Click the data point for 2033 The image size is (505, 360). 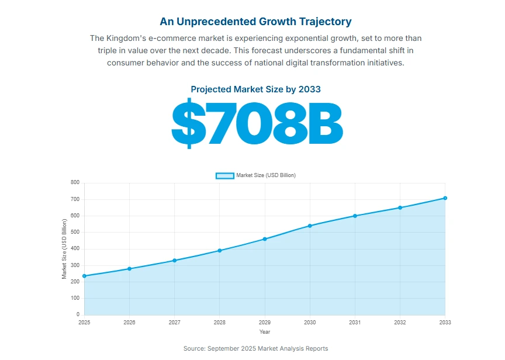(x=445, y=198)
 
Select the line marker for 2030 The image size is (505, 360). (x=310, y=226)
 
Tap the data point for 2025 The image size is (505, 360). (x=84, y=276)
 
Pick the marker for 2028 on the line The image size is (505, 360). (x=220, y=251)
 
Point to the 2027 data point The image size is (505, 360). (x=174, y=261)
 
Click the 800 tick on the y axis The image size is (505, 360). (x=75, y=182)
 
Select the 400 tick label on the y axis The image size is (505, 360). (x=75, y=248)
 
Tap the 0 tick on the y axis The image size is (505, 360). (x=77, y=314)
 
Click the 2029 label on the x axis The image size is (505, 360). (x=265, y=323)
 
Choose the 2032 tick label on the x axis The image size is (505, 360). (x=400, y=323)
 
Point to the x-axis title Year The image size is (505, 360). (x=265, y=332)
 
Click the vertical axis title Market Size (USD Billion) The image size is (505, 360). (x=64, y=248)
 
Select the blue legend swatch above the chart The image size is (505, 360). (x=224, y=175)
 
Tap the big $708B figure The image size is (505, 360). (x=256, y=124)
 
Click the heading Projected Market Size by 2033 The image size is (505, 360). (x=255, y=89)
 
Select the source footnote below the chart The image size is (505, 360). (x=255, y=348)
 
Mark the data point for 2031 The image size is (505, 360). (x=355, y=216)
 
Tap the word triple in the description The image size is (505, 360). (x=109, y=50)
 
